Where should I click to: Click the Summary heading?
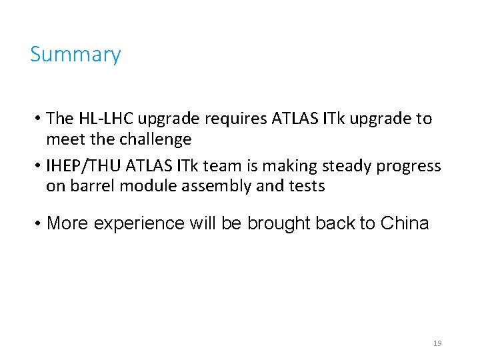tap(75, 54)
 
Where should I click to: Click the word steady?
tap(353, 165)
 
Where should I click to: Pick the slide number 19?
tap(437, 343)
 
